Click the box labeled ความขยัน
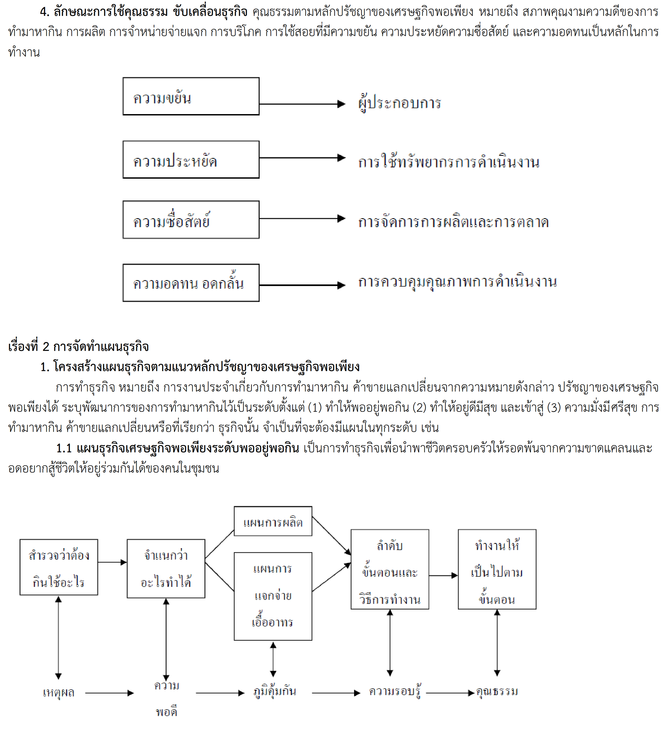click(x=191, y=96)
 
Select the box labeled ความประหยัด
click(x=191, y=160)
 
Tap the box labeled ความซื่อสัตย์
click(x=191, y=220)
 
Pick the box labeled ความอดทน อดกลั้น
click(x=191, y=283)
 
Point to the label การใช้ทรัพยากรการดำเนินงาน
click(x=449, y=161)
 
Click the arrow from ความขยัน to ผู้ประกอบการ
click(x=302, y=104)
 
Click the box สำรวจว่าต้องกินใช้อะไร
click(x=59, y=567)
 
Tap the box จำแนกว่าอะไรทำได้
click(x=166, y=569)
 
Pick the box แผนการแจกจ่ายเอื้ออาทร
click(x=273, y=596)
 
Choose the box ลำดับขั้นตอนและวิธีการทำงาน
click(x=390, y=569)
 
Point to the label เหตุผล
click(x=59, y=693)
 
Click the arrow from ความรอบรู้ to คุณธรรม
click(x=450, y=693)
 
